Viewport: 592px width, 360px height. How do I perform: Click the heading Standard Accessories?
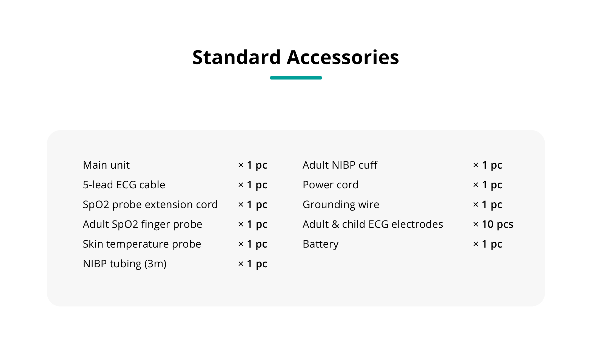pos(296,57)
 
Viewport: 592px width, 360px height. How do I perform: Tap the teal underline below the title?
pos(296,78)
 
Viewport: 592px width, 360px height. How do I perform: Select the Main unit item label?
pos(106,165)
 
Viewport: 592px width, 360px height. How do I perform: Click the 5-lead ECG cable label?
pos(124,185)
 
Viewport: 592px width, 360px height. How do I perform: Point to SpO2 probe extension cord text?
pos(150,205)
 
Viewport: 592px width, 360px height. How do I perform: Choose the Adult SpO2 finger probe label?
pos(143,224)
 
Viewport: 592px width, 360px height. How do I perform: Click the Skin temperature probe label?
pos(142,244)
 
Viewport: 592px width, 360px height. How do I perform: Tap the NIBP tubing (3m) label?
pos(125,264)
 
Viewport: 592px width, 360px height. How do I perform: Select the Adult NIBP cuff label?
pos(340,165)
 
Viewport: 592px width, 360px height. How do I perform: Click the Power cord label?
pos(331,185)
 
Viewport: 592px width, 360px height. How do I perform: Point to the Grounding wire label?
pos(341,205)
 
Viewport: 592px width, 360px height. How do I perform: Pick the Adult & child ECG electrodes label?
pos(373,224)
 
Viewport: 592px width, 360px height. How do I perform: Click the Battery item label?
pos(321,244)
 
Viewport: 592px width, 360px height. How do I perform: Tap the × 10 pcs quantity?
pos(493,224)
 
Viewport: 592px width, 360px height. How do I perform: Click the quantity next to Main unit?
pos(253,165)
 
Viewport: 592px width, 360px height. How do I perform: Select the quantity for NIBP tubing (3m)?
pos(253,264)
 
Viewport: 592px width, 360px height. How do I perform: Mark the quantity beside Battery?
pos(488,244)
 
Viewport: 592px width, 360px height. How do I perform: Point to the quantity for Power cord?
pos(488,185)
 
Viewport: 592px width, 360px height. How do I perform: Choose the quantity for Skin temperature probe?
pos(253,244)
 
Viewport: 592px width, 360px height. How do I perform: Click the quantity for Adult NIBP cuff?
pos(488,165)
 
